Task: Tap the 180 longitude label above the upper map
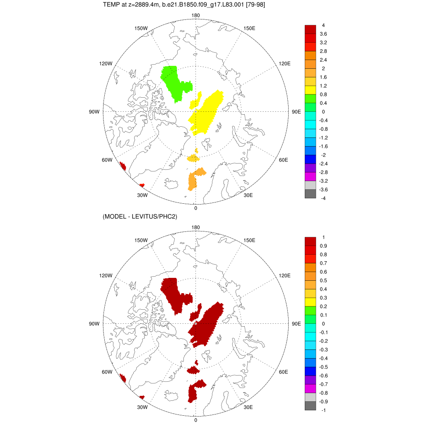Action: coord(196,16)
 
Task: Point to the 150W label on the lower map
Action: coord(141,240)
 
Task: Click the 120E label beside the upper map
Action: coord(285,63)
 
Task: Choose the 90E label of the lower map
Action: coord(296,324)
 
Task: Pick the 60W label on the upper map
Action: coord(107,160)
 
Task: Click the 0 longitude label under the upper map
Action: coord(195,208)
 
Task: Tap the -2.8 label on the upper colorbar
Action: coord(323,172)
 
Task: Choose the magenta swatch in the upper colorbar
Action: coord(310,176)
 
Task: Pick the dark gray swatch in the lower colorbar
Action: coord(310,406)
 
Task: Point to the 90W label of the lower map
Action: coord(94,324)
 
